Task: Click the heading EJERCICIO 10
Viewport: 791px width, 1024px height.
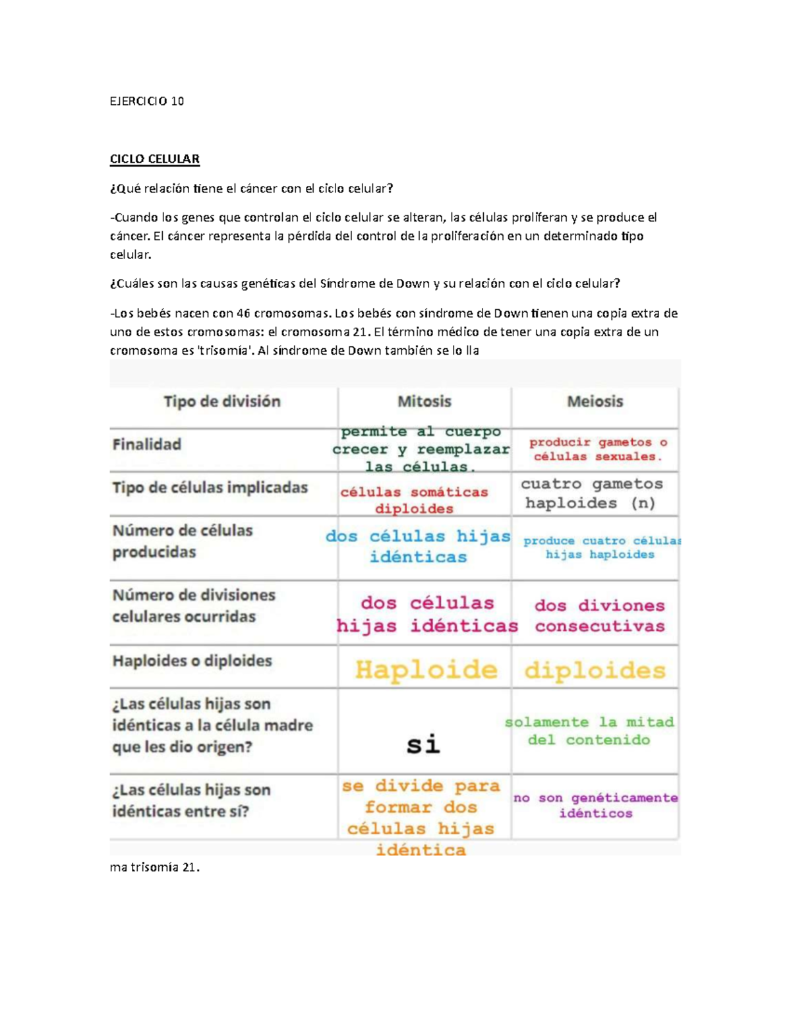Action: pyautogui.click(x=146, y=101)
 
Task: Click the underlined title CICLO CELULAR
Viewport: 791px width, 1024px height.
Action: pyautogui.click(x=154, y=159)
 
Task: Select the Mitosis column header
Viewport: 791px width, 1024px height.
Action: pyautogui.click(x=424, y=401)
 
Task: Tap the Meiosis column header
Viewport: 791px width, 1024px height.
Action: pyautogui.click(x=595, y=401)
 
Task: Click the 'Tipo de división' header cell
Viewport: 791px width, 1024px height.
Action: pyautogui.click(x=222, y=401)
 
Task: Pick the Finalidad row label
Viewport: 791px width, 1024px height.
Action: pyautogui.click(x=146, y=444)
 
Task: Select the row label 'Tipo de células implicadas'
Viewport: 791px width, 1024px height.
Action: pyautogui.click(x=210, y=487)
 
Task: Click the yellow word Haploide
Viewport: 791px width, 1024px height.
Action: pyautogui.click(x=426, y=670)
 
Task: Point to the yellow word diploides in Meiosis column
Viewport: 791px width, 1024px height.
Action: pyautogui.click(x=595, y=671)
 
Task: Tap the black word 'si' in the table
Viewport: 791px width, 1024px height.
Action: pyautogui.click(x=423, y=744)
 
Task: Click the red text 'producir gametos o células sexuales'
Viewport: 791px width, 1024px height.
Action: pyautogui.click(x=598, y=449)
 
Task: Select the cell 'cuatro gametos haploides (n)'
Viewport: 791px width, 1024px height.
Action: pyautogui.click(x=591, y=493)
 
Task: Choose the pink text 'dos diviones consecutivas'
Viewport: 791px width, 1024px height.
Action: pyautogui.click(x=599, y=615)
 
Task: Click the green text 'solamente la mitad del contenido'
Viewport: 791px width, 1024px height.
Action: pyautogui.click(x=590, y=731)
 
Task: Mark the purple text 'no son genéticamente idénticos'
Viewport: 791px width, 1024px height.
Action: pyautogui.click(x=596, y=805)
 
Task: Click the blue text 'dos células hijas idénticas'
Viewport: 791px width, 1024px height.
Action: pyautogui.click(x=418, y=546)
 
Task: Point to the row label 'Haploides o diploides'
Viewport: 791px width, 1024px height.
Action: pyautogui.click(x=192, y=661)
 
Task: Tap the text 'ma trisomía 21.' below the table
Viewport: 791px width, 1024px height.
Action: pyautogui.click(x=154, y=867)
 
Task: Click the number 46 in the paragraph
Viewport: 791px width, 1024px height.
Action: pyautogui.click(x=243, y=313)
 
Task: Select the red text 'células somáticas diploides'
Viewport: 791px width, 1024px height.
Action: pyautogui.click(x=414, y=500)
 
